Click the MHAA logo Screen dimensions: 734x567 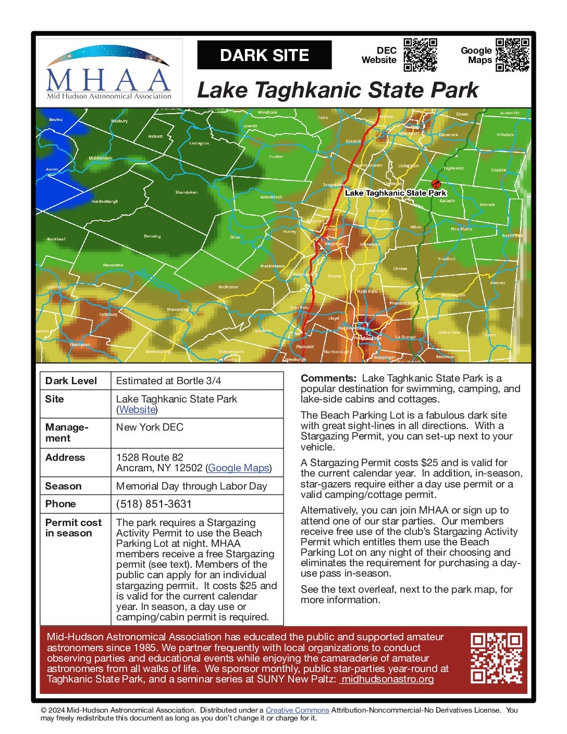coord(110,72)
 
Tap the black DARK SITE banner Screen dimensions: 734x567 coord(264,55)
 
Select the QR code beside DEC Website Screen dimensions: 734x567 coord(420,54)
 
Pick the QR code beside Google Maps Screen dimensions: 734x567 coord(512,54)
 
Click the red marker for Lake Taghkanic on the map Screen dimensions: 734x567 coord(436,184)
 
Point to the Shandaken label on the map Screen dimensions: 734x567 coord(186,192)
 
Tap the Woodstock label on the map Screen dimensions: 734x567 coord(271,197)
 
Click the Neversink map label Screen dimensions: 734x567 coord(113,265)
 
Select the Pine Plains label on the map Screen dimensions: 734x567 coord(461,229)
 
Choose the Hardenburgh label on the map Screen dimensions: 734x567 coord(105,201)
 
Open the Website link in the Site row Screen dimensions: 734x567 coord(137,410)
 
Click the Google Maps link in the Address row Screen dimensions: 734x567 coord(238,468)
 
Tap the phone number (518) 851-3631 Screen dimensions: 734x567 coord(154,504)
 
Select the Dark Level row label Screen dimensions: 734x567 coord(71,381)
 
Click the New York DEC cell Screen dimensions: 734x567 coord(150,427)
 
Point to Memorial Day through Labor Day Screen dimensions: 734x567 coord(191,486)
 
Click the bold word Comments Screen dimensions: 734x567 coord(328,378)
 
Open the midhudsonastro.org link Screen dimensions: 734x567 coord(387,679)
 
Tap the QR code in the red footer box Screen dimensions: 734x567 coord(496,658)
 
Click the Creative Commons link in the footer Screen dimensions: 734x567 coord(297,710)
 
